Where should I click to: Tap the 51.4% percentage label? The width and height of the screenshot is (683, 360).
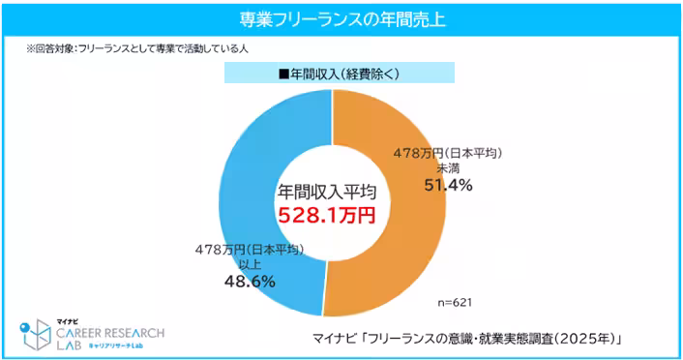pyautogui.click(x=446, y=185)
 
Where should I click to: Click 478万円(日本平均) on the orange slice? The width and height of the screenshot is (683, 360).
pyautogui.click(x=447, y=153)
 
